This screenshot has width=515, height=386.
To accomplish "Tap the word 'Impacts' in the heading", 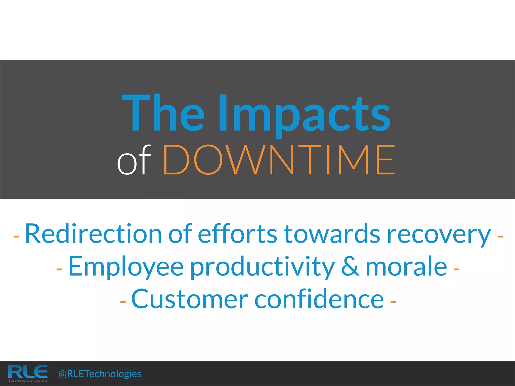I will pos(304,114).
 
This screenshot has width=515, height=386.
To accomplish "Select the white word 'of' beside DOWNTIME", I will pos(134,160).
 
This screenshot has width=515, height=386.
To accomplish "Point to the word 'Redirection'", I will pos(93,234).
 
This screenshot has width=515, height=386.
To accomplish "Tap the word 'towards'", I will pos(332,234).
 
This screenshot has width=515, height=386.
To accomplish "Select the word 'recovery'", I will pos(439,235).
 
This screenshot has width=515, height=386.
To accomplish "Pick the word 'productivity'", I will pos(262,267).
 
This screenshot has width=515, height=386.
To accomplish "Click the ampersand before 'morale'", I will pos(350,266).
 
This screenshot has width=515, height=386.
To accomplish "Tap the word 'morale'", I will pos(406,266).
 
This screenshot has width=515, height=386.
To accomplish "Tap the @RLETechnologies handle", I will pos(100,374).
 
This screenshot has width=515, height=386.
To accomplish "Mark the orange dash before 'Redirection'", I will pos(16,237).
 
